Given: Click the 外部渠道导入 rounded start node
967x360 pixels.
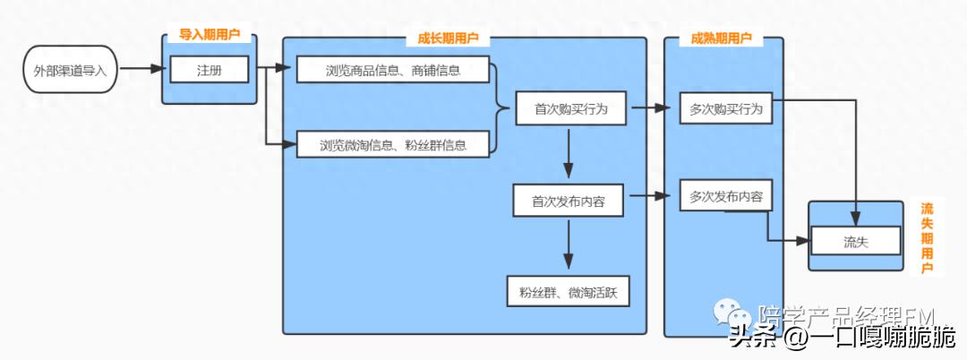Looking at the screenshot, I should [x=70, y=69].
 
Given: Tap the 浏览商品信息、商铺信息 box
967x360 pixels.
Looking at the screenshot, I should [x=393, y=69].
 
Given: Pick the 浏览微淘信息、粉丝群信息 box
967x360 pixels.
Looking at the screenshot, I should [x=393, y=143].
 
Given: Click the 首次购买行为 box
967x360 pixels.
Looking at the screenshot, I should [x=570, y=109].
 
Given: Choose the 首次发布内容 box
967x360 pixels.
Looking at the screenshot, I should [x=569, y=201].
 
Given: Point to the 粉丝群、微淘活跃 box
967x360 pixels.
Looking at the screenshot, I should [x=569, y=292].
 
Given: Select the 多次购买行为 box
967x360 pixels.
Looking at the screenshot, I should [x=726, y=109].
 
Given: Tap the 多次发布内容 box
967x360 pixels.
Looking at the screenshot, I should [x=726, y=196].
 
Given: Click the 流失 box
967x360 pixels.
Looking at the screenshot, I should [x=855, y=241].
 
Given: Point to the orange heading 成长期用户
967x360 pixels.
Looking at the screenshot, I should [x=448, y=39].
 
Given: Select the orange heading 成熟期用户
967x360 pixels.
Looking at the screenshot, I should [x=722, y=39].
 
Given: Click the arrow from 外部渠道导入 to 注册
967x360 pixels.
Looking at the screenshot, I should [x=143, y=68].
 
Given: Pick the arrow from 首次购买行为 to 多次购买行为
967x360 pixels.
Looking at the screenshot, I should [x=652, y=109].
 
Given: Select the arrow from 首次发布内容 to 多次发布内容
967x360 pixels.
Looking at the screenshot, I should [x=652, y=196].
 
